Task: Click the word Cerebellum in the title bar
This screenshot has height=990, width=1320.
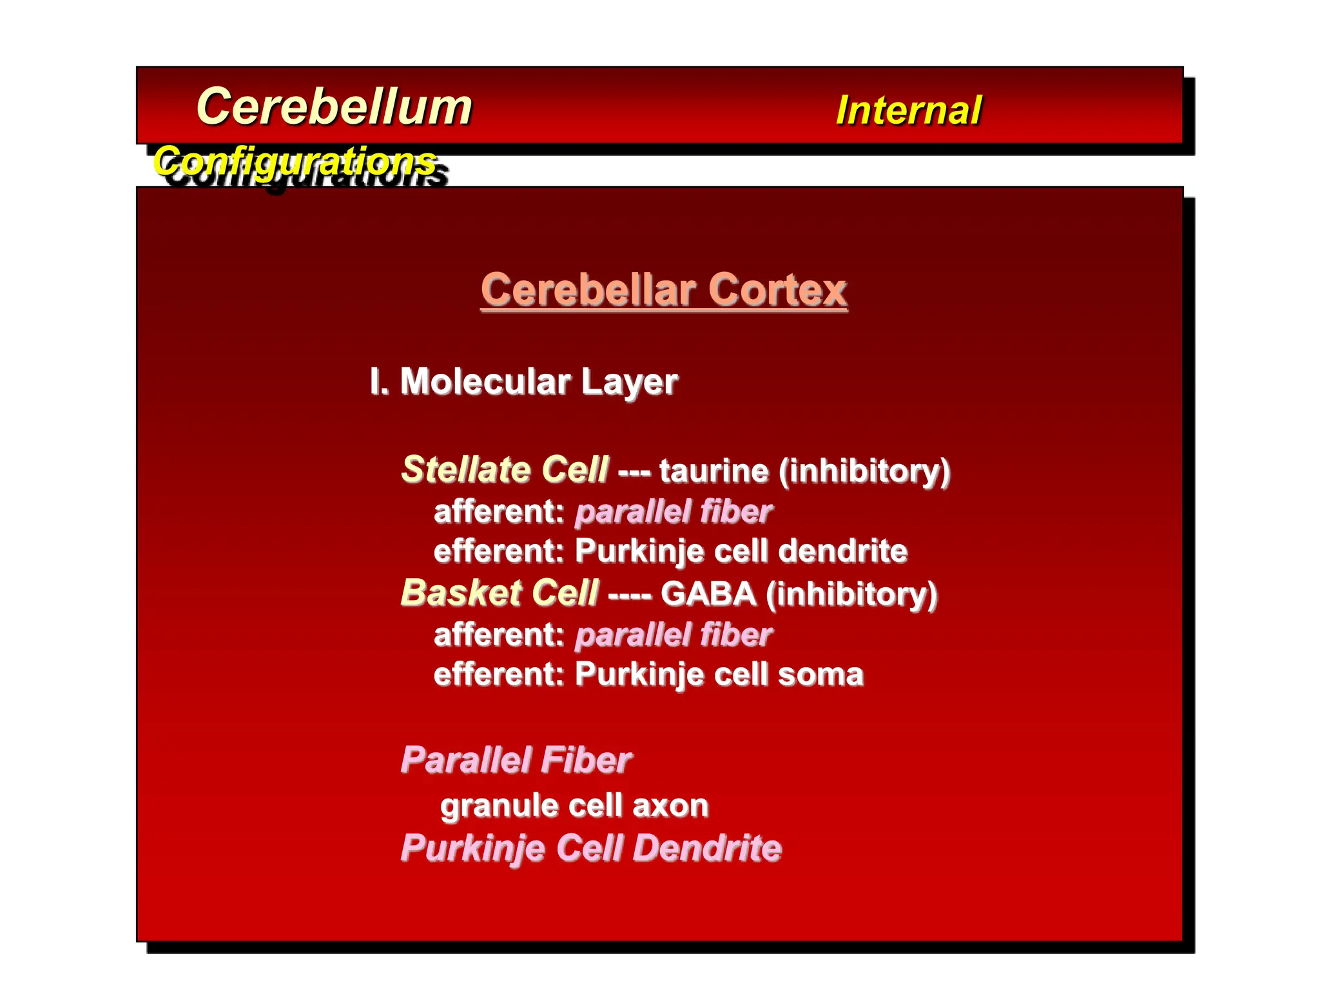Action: tap(334, 107)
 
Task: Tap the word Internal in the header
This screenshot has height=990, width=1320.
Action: tap(908, 110)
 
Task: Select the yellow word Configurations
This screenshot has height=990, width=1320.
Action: tap(295, 160)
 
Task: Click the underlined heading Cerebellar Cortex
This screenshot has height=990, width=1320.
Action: tap(663, 290)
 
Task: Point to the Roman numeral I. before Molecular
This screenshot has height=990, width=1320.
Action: tap(379, 382)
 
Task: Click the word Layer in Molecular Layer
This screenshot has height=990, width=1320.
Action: tap(629, 382)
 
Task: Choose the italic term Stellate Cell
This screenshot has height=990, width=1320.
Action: tap(504, 469)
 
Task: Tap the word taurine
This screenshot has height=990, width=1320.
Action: tap(713, 471)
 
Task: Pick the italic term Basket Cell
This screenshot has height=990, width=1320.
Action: tap(500, 593)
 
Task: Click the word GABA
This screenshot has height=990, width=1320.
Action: tap(708, 594)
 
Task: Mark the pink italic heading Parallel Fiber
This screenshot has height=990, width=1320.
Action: tap(516, 760)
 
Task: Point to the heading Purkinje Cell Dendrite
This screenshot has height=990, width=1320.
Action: tap(590, 848)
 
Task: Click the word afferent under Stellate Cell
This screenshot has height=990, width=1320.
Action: tap(498, 512)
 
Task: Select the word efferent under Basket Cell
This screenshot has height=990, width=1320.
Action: tap(498, 675)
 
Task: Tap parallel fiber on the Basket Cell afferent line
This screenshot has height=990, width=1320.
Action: tap(673, 635)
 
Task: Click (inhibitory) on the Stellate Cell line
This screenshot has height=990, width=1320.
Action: tap(864, 471)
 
